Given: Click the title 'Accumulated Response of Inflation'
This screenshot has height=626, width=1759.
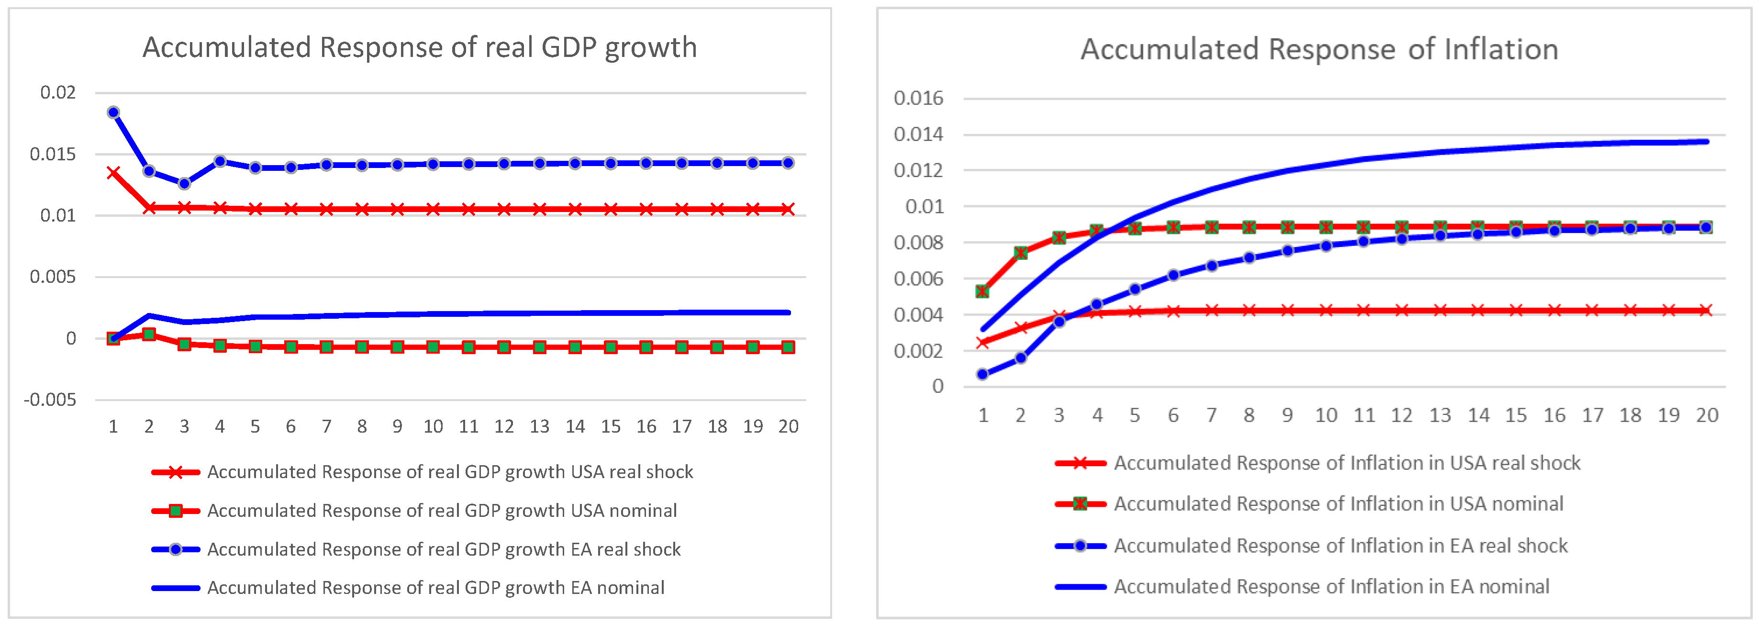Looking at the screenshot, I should coord(1319,49).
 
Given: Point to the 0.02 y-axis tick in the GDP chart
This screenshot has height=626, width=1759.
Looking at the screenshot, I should coord(58,92).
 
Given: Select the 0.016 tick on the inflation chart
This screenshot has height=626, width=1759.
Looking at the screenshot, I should coord(918,98).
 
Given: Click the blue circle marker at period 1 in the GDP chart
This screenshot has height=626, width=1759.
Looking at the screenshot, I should coord(113,112).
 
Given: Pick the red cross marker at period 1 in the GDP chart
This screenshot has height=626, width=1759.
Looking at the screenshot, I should coord(113,173).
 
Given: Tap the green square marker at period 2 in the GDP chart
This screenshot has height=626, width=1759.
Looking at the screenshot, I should coord(149,334).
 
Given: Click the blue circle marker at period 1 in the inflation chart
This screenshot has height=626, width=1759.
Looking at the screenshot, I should coord(982,374).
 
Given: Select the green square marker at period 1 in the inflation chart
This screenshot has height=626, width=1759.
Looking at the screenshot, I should coord(982,291).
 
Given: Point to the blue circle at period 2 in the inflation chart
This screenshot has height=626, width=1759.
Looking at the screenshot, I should coord(1021,358).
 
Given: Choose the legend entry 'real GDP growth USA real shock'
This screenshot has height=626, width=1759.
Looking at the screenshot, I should coord(449,472).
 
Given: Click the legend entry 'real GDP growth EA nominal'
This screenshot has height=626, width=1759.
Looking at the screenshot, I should coord(435,588).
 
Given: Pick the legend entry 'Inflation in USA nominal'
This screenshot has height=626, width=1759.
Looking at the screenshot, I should coord(1338,504).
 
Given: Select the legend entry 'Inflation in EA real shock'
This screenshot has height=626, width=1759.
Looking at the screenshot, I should coord(1340,546).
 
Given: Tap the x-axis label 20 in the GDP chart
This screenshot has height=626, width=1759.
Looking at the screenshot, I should coord(788,426).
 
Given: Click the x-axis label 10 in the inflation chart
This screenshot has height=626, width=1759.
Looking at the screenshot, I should coord(1326,415).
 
